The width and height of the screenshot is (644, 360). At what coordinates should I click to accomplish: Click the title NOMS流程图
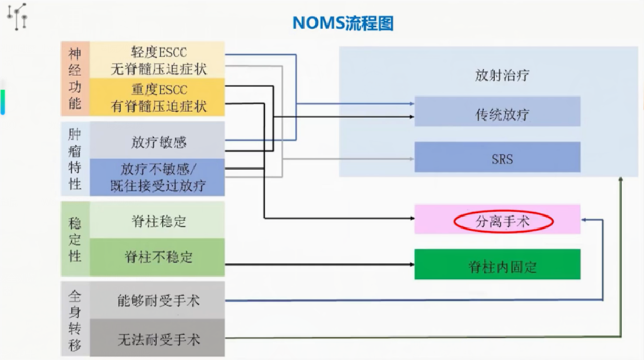point(343,23)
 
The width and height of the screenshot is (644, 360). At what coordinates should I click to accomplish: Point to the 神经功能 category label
point(75,78)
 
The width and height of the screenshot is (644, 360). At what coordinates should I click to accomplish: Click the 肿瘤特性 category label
point(75,159)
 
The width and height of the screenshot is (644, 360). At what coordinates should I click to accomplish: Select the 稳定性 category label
point(75,239)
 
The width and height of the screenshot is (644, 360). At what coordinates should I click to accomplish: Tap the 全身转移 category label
point(75,319)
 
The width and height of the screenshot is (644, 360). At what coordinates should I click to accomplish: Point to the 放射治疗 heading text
point(502,75)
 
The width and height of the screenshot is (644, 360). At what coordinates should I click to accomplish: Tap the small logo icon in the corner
point(17,16)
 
